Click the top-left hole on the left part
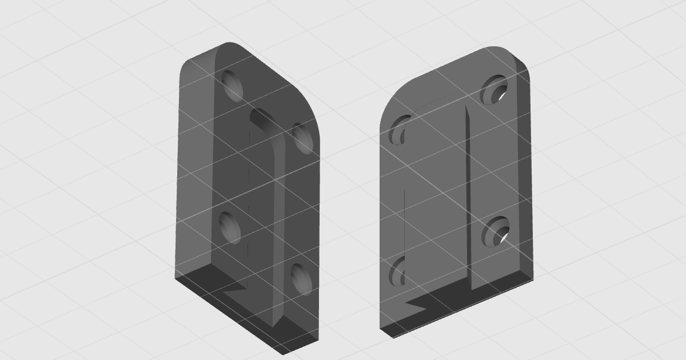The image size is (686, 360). pyautogui.click(x=233, y=86)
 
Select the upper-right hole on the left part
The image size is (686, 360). pyautogui.click(x=303, y=138)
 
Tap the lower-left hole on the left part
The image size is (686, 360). pyautogui.click(x=229, y=227)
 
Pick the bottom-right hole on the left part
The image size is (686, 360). pyautogui.click(x=301, y=279)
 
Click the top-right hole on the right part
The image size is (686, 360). pyautogui.click(x=494, y=90)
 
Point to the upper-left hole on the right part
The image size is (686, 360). pyautogui.click(x=401, y=130)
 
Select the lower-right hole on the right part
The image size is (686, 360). pyautogui.click(x=494, y=231)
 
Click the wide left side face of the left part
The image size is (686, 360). pyautogui.click(x=194, y=171)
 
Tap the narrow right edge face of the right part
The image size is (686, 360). pyautogui.click(x=525, y=171)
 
